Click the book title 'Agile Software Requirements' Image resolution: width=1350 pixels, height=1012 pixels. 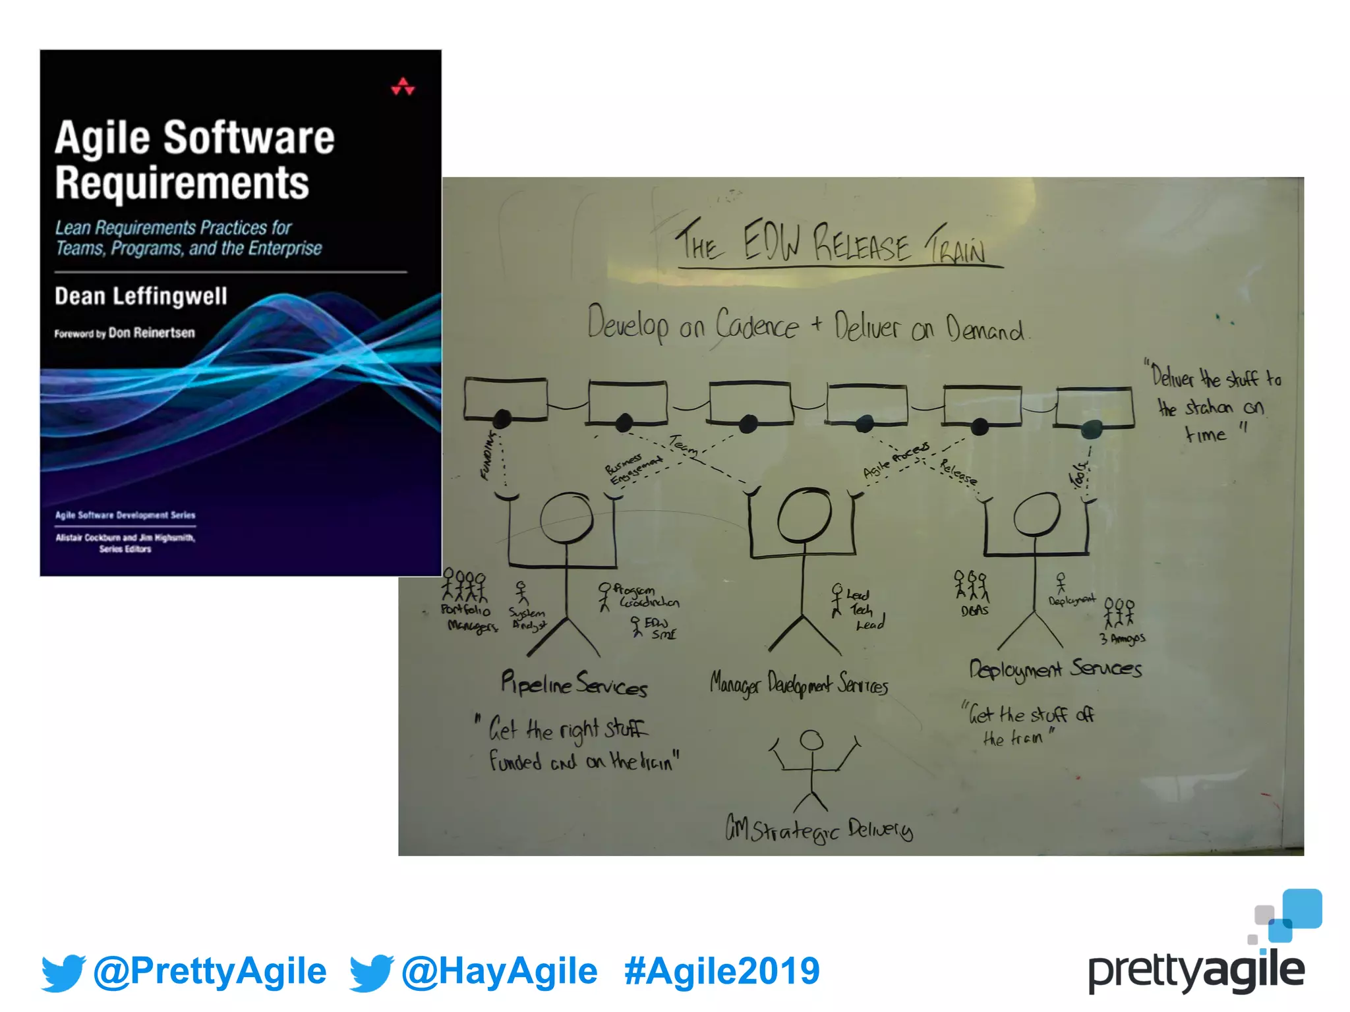coord(194,159)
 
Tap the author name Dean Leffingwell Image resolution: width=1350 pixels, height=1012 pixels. coord(140,296)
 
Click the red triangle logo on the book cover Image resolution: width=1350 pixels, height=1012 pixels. coord(402,87)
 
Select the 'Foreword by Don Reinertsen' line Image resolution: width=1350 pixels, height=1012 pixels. coord(125,333)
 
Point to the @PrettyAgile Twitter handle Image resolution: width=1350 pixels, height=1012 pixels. coord(210,971)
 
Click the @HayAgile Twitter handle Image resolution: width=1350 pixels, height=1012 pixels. coord(499,971)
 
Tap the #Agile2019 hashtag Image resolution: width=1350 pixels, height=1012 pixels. coord(722,971)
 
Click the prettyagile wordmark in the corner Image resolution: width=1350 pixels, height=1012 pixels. coord(1196,971)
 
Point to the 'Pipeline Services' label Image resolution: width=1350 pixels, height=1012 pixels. coord(573,683)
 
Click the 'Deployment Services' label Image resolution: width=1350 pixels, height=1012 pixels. coord(1055,669)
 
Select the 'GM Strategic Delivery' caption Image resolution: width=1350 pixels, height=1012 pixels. coord(819,829)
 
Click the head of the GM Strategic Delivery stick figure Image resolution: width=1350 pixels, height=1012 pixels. coord(811,741)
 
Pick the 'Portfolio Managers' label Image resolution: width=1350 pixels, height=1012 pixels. coord(469,618)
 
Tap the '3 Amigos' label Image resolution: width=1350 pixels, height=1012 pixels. coord(1122,638)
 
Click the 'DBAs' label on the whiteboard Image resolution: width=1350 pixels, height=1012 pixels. coord(974,611)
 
